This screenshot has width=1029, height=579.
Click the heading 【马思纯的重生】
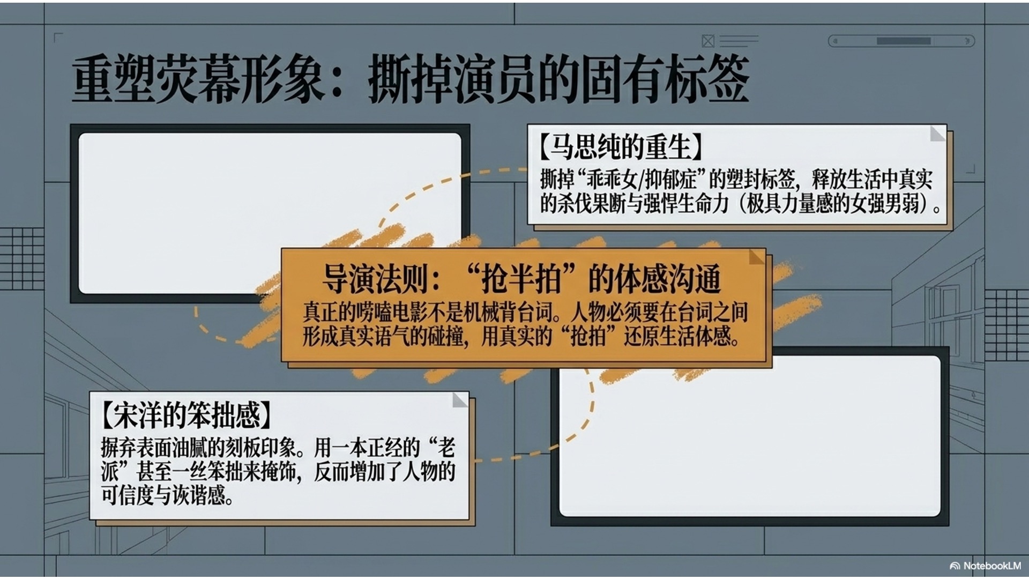click(620, 146)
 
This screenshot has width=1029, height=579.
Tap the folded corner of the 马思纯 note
click(937, 133)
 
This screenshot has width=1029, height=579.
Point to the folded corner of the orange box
click(757, 257)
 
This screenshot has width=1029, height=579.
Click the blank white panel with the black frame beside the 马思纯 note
click(270, 213)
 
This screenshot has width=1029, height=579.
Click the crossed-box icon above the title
click(708, 41)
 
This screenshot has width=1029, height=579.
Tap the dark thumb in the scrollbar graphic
click(904, 41)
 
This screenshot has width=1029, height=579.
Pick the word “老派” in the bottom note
click(278, 459)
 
